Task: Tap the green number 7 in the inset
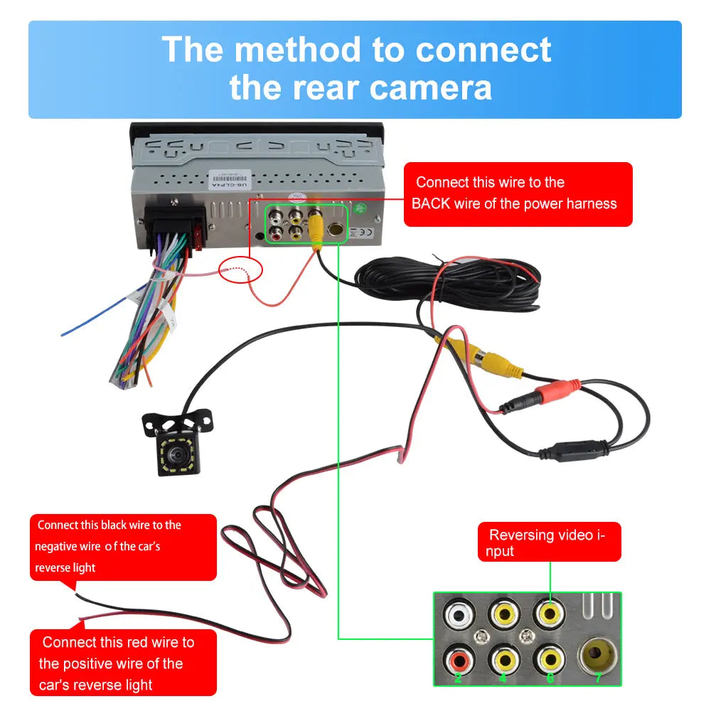[x=598, y=678]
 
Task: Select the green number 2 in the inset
[x=457, y=678]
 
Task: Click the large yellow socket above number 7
[x=597, y=653]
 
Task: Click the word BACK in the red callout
[x=431, y=204]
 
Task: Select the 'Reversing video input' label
[x=548, y=542]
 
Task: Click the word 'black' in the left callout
[x=114, y=525]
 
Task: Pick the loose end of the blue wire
[x=63, y=334]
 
